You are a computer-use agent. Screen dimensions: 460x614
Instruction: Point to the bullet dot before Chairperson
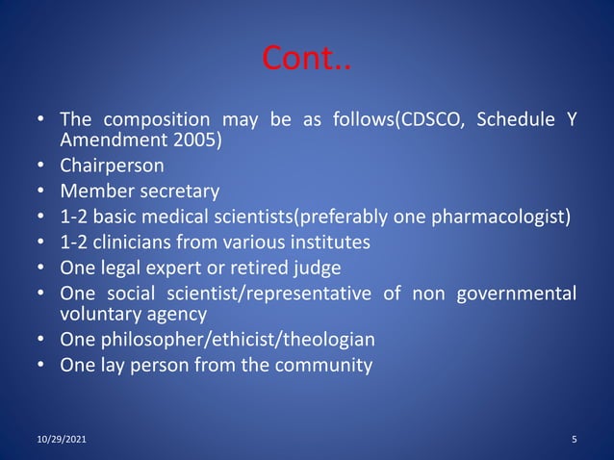(41, 165)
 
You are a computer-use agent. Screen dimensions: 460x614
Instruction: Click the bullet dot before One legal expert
(41, 267)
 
